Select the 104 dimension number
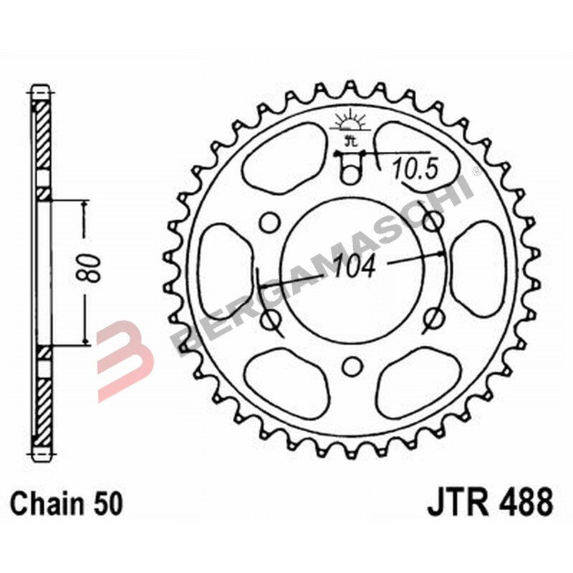[354, 266]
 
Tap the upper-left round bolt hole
[269, 223]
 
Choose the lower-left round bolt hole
[270, 317]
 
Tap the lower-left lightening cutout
[286, 383]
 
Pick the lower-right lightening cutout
[415, 383]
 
